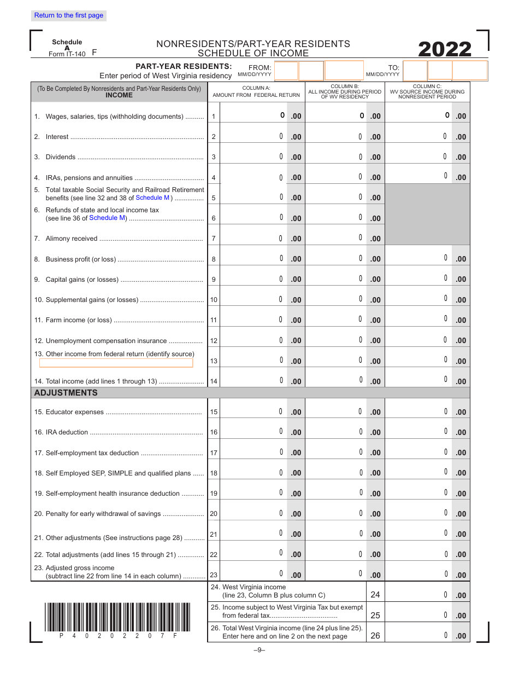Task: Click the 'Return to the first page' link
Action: click(x=69, y=15)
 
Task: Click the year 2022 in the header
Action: click(x=445, y=50)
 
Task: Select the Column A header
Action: click(x=256, y=91)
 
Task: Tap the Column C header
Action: click(x=427, y=91)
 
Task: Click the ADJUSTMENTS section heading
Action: click(x=66, y=393)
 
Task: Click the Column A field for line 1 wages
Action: click(x=253, y=115)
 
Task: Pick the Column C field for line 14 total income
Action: click(x=418, y=380)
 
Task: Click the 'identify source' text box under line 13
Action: click(x=116, y=363)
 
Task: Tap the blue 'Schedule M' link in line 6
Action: click(x=107, y=218)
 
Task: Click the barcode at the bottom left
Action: click(x=117, y=617)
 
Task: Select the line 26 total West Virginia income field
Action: click(x=418, y=635)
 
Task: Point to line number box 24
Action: click(x=375, y=595)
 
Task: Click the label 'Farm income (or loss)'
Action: click(x=79, y=320)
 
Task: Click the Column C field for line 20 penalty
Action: click(x=418, y=513)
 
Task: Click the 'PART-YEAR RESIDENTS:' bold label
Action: click(x=184, y=66)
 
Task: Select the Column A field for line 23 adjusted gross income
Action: click(x=253, y=574)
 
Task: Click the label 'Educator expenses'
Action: click(x=75, y=412)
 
